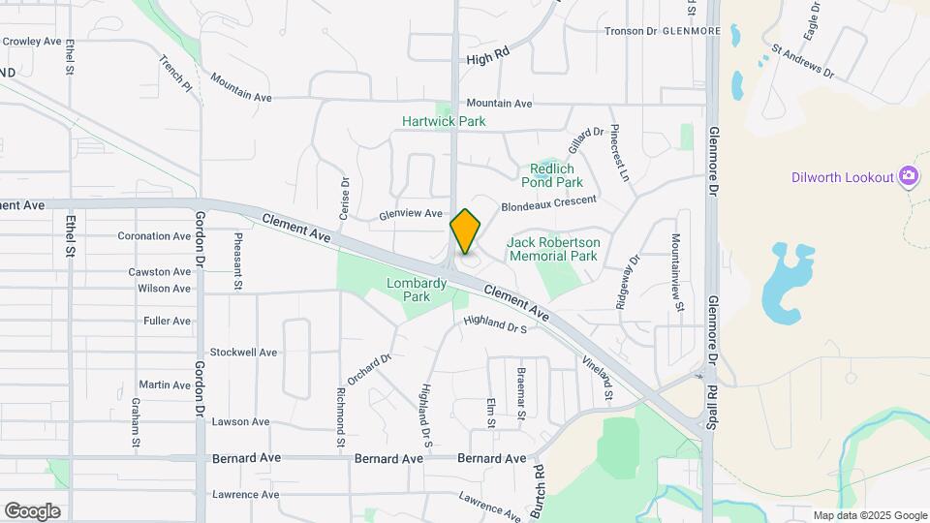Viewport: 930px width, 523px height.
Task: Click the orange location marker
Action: coord(466,231)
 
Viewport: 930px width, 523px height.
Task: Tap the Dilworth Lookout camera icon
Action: coord(909,175)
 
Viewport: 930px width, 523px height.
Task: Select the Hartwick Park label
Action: coord(445,121)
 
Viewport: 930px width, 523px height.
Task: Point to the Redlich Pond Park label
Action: coord(552,174)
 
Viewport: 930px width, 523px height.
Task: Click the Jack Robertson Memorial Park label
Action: coord(553,249)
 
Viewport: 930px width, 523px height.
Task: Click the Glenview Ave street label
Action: coord(411,214)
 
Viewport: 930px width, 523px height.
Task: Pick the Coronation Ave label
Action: coord(154,235)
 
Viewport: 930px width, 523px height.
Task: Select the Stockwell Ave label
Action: coord(243,352)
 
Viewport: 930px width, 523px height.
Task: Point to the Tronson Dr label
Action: coord(631,31)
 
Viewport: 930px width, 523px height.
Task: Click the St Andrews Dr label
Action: coord(803,60)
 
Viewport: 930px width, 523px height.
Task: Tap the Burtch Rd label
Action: coord(538,485)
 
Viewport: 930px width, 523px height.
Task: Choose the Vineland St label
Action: coord(598,377)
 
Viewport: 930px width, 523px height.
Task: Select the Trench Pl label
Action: coord(176,74)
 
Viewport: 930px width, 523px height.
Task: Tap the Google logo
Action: coord(32,511)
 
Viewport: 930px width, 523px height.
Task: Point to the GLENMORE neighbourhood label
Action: coord(692,31)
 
